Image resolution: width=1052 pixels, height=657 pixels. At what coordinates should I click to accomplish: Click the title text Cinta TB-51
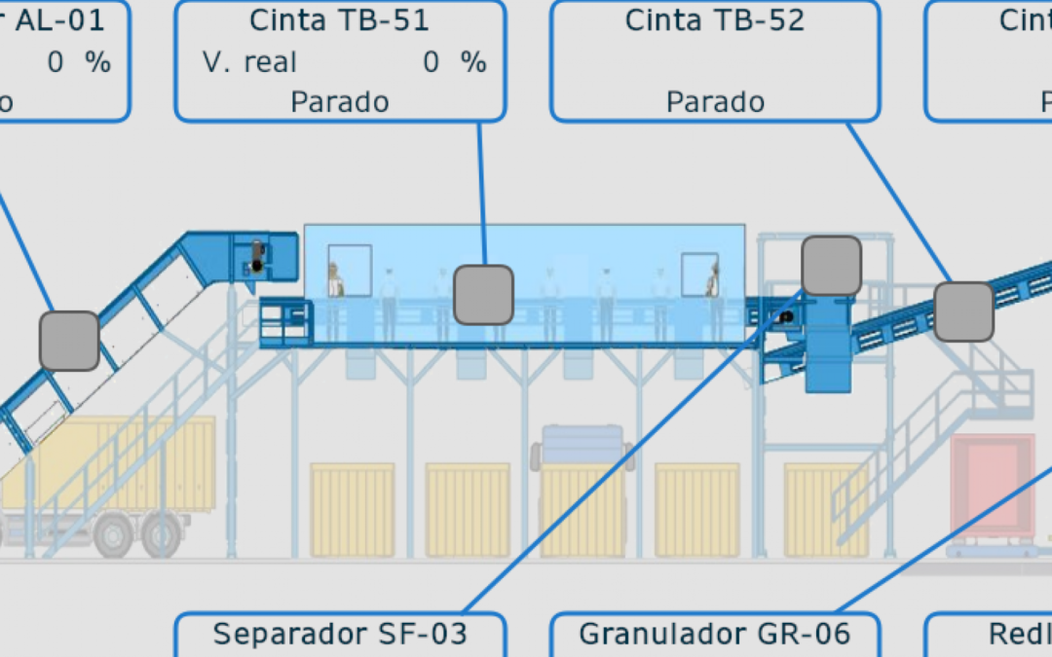coord(339,20)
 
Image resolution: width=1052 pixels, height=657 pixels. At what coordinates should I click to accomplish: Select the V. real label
coord(249,62)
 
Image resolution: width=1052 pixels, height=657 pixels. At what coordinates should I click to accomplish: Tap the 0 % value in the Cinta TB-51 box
coord(453,62)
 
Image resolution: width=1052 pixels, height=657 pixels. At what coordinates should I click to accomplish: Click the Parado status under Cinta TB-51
coord(339,101)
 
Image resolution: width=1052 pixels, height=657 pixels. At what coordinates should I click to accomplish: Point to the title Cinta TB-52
coord(715,20)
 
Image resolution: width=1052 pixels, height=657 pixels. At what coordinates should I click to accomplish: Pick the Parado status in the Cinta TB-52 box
coord(715,101)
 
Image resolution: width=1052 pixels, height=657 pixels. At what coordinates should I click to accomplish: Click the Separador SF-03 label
coord(340,634)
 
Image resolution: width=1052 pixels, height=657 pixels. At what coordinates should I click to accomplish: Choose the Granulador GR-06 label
coord(715,634)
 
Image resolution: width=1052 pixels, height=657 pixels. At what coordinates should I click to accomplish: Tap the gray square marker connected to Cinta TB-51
coord(483,295)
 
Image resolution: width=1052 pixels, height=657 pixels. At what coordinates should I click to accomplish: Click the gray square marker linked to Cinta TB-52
coord(963,311)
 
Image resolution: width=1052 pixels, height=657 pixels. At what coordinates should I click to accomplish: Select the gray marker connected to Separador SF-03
coord(831,266)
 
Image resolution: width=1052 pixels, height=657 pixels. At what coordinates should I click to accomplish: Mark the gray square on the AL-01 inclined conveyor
coord(69,341)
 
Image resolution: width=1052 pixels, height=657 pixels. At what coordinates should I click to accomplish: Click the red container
coord(993,484)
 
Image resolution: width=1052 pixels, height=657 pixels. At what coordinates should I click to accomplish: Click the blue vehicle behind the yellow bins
coord(582,446)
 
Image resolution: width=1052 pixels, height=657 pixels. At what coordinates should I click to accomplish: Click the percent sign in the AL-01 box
coord(97,62)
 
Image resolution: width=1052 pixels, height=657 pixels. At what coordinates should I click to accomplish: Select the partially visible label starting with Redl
coord(1019,634)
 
